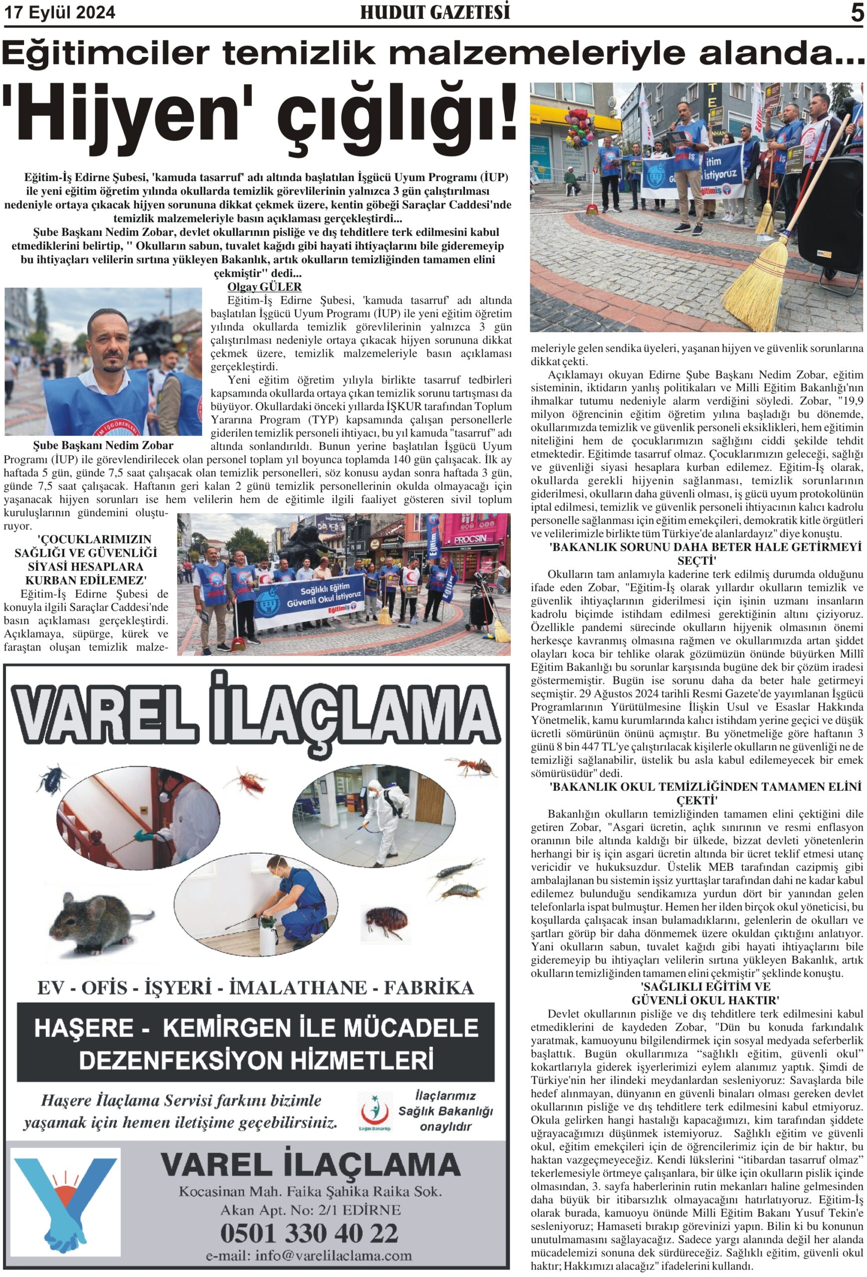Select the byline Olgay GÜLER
[264, 286]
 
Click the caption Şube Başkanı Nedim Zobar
[103, 445]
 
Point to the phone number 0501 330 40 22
[309, 1233]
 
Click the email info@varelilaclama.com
[309, 1256]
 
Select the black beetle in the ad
[52, 776]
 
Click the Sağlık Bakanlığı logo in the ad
[375, 1111]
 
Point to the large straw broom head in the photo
[766, 286]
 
